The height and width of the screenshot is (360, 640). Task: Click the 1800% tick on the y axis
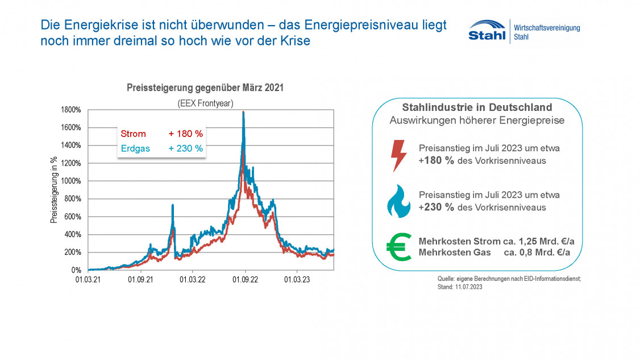tap(72, 109)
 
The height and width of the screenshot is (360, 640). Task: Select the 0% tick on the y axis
tap(77, 270)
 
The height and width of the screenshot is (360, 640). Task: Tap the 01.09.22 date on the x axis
tap(244, 279)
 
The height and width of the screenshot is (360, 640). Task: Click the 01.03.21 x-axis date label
tap(89, 279)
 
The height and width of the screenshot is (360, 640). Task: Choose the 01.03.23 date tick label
tap(297, 279)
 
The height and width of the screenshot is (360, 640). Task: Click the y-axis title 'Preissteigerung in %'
tap(55, 190)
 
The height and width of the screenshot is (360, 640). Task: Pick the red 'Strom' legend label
tap(133, 134)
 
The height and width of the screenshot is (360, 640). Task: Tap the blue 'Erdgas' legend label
tap(136, 148)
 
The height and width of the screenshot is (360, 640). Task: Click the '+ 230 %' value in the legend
tap(185, 148)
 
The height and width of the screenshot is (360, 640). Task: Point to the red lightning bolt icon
tap(400, 155)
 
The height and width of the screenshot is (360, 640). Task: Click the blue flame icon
tap(398, 201)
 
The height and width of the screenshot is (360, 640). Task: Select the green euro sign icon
tap(398, 247)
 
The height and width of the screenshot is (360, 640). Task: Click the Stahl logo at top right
tap(487, 30)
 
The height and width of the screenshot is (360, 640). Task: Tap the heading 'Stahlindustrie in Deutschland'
tap(477, 107)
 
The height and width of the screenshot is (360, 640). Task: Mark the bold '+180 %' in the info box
tap(436, 161)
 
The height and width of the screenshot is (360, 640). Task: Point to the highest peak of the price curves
tap(243, 113)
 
